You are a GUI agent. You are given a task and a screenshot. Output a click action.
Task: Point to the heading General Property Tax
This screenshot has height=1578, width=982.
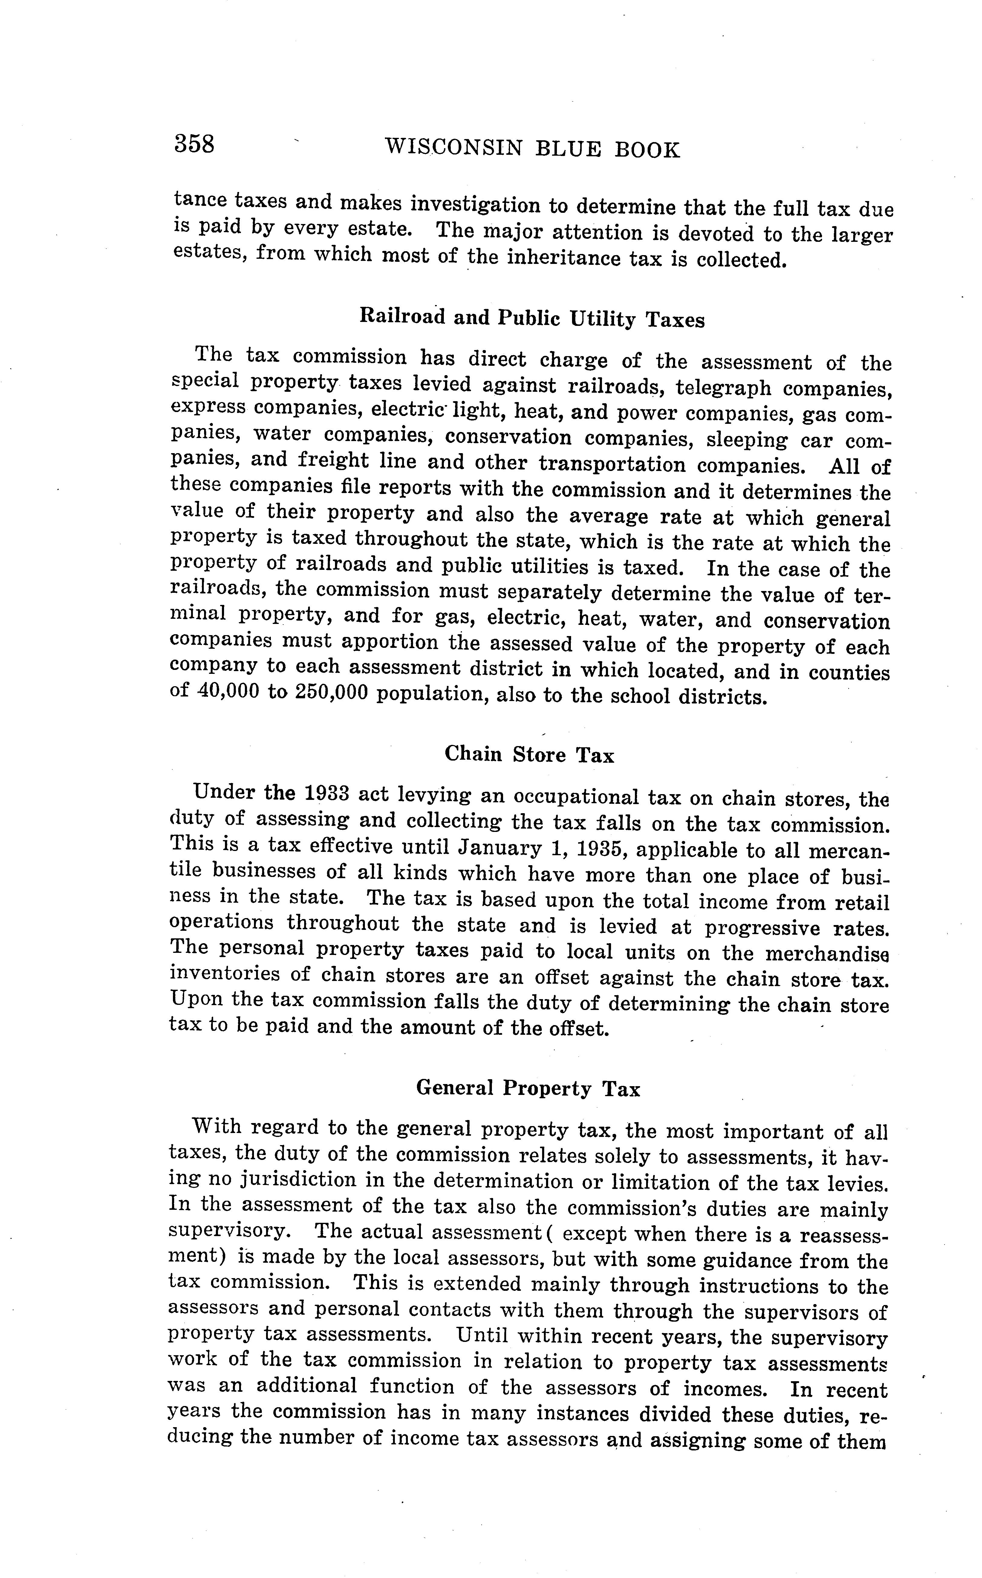coord(528,1088)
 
